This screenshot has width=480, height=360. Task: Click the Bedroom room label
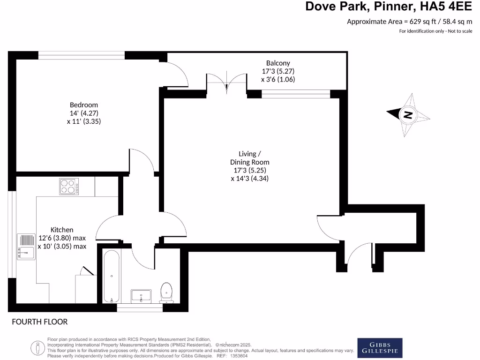point(84,105)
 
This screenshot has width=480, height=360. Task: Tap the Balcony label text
point(278,63)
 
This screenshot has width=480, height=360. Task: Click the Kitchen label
point(62,230)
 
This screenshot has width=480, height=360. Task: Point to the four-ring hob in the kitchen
point(69,187)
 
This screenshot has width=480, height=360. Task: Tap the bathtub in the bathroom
point(112,277)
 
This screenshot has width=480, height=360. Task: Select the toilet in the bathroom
point(166,292)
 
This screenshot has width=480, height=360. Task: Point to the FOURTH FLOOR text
point(40,322)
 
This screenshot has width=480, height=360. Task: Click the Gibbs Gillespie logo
point(380,348)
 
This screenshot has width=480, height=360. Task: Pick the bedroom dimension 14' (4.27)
point(84,113)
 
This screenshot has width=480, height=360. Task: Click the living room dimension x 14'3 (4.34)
point(249,179)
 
